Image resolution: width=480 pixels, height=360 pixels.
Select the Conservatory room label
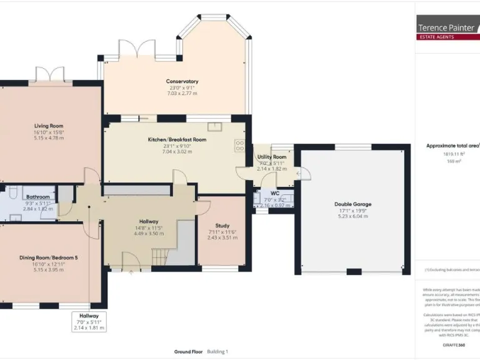click(182, 82)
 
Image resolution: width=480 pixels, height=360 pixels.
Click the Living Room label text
click(49, 126)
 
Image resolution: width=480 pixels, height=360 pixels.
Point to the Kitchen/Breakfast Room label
click(177, 140)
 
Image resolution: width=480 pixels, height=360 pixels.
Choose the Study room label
click(222, 226)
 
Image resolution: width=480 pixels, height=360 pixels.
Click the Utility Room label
click(272, 157)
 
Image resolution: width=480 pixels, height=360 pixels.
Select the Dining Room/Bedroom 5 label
click(49, 257)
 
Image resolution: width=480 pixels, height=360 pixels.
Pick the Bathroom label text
click(37, 197)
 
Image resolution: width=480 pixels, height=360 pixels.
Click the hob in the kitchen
click(240, 146)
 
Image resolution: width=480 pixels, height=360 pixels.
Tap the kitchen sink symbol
click(216, 127)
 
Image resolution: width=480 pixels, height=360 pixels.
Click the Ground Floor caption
click(189, 352)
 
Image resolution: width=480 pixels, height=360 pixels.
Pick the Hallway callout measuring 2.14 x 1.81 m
click(89, 321)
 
